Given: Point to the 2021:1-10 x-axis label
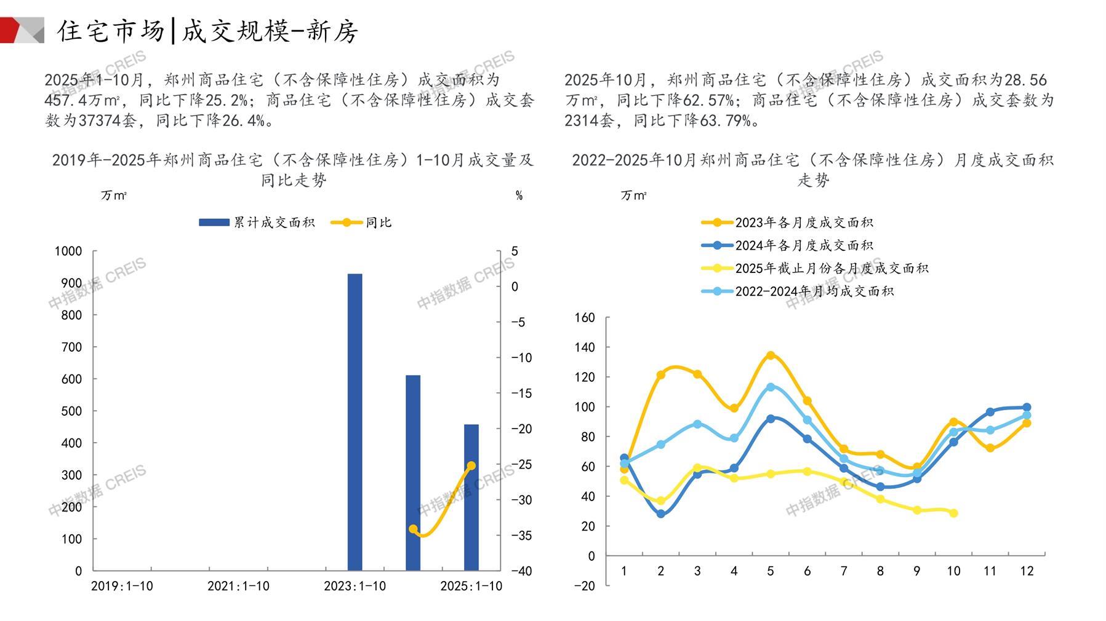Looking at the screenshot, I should tap(238, 586).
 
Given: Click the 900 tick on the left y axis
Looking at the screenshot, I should tap(68, 283).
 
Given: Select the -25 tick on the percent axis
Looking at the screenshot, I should tap(522, 465).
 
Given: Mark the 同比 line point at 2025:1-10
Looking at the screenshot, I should tap(471, 466).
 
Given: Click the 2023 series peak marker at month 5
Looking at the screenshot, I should tap(770, 355).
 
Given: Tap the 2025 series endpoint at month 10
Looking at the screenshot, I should tap(953, 513).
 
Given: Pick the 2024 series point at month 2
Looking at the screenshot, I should tap(661, 513).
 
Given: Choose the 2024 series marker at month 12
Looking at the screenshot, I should tap(1027, 407).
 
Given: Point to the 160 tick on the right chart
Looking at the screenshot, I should tap(585, 318).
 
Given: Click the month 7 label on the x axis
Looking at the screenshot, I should tap(844, 571).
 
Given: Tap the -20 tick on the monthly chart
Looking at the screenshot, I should tap(584, 586).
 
